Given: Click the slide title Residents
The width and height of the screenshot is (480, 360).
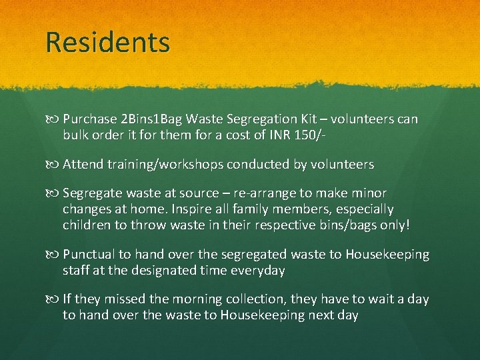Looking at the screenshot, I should pos(108,42).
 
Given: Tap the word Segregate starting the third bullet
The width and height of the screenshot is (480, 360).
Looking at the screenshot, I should pos(91,193).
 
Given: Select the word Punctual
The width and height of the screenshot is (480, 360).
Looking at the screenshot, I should pos(89,255).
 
